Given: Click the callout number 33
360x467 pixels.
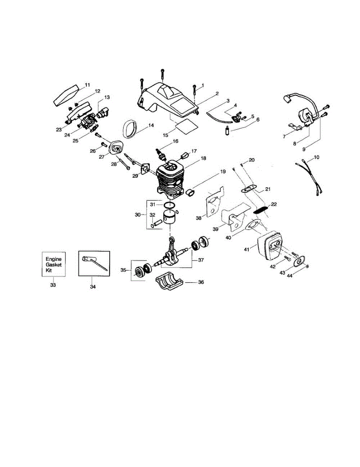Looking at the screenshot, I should click(53, 285).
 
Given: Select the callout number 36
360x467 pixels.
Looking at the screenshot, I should click(201, 282).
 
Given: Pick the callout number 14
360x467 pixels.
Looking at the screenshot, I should click(151, 125).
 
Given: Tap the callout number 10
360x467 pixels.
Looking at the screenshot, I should click(316, 157).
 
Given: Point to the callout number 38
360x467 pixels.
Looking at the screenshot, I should click(199, 218).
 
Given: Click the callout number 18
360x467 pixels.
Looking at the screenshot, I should click(203, 158).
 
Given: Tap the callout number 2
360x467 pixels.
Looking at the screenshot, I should click(217, 93).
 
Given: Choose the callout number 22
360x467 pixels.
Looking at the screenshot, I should click(274, 204).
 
